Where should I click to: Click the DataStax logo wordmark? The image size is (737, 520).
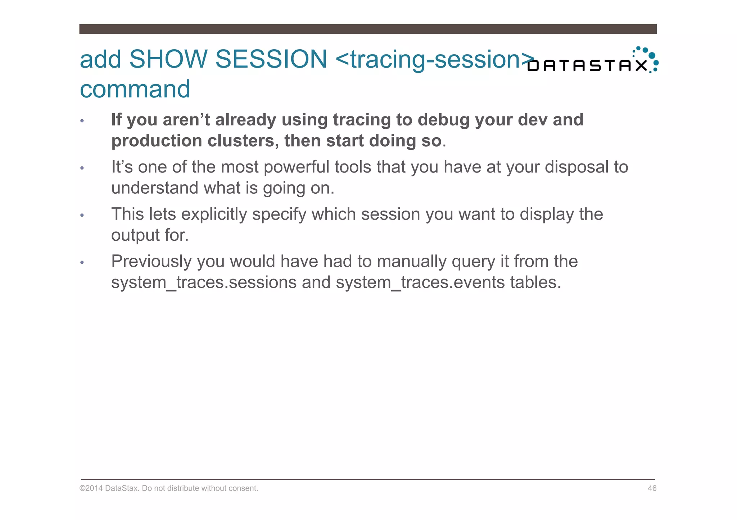point(587,66)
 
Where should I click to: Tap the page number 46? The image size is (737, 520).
point(652,488)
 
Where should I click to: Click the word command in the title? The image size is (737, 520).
point(135,89)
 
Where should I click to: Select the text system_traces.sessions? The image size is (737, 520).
point(204,282)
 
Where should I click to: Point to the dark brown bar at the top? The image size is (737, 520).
point(368,29)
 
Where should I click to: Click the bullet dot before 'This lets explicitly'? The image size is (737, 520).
point(82,215)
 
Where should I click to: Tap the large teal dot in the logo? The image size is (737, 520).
point(652,56)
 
